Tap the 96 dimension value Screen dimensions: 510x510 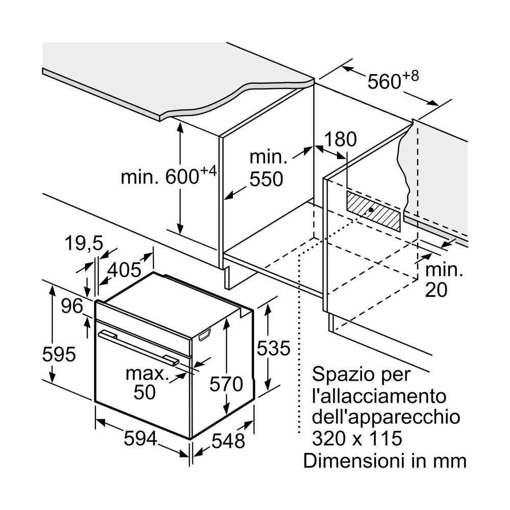click(72, 306)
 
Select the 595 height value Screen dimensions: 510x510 click(59, 353)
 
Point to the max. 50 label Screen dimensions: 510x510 click(146, 382)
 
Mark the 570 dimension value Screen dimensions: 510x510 click(226, 384)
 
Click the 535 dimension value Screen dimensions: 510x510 click(273, 348)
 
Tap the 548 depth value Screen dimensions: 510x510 click(228, 441)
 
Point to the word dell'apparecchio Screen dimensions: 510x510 click(385, 417)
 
